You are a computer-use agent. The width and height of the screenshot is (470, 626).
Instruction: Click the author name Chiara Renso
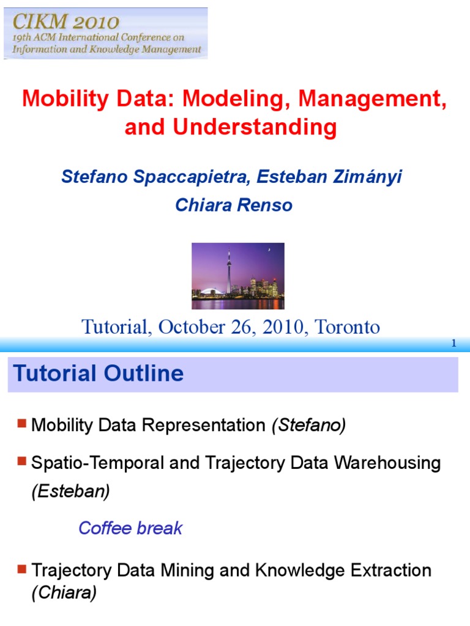pos(234,205)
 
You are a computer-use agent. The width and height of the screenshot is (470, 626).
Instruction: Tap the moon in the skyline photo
pos(268,249)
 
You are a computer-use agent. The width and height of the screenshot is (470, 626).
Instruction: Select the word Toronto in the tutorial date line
pos(347,327)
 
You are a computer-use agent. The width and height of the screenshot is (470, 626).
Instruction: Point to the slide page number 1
pos(453,344)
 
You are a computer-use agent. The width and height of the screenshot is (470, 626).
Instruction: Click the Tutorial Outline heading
pos(99,374)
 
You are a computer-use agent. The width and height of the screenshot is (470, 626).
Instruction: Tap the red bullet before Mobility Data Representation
pos(23,423)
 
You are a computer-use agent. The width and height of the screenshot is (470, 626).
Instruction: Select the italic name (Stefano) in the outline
pos(309,425)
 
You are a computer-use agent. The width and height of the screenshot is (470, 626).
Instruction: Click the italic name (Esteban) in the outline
pos(71,492)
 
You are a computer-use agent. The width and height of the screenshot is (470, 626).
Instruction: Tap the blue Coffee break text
pos(130,528)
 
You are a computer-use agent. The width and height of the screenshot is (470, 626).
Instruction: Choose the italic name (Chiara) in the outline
pos(64,594)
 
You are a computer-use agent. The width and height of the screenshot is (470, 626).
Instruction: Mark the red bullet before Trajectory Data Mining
pos(23,569)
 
